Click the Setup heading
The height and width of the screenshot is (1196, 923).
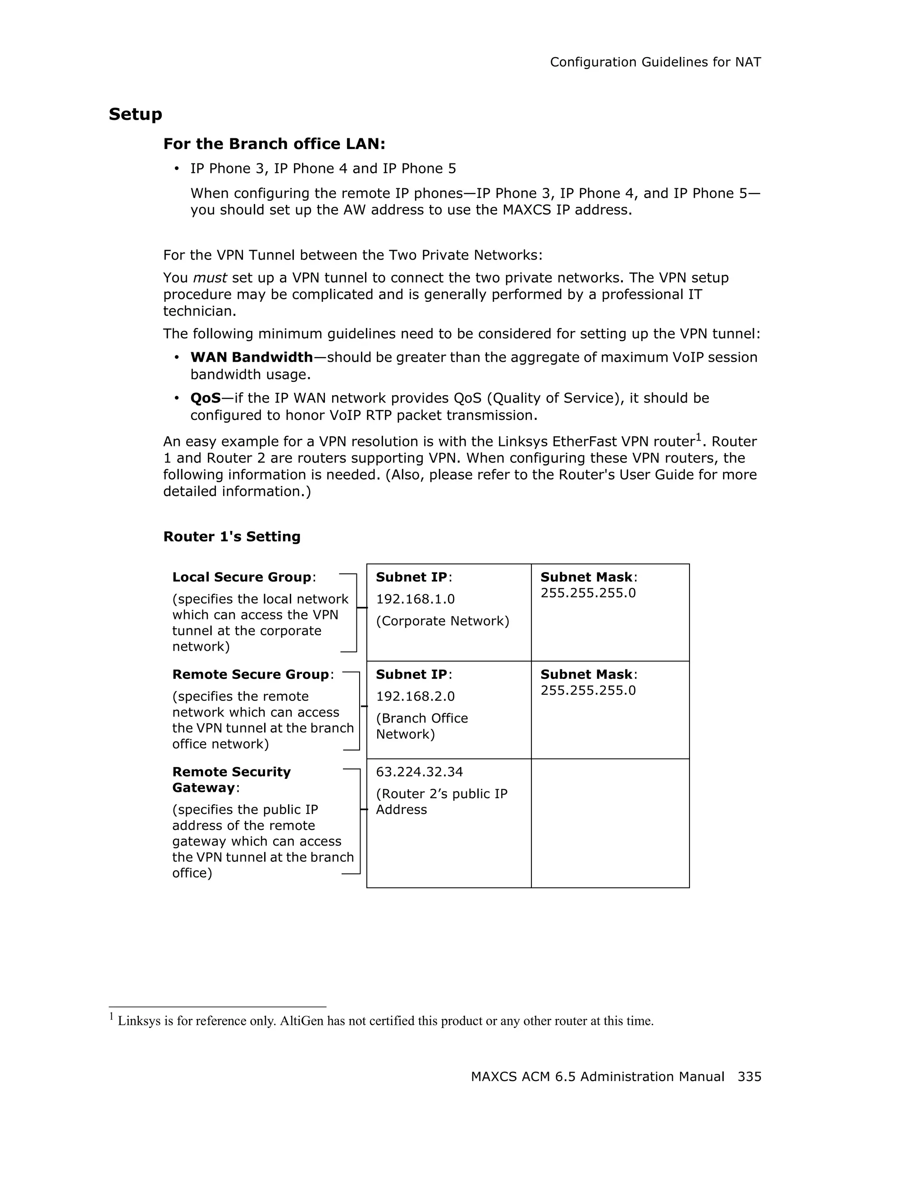(x=135, y=114)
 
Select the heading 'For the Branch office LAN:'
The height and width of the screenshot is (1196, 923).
(x=274, y=144)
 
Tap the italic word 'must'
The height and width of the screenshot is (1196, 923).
(x=210, y=278)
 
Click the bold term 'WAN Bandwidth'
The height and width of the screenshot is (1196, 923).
(x=251, y=358)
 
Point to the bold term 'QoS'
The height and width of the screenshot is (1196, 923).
(x=206, y=398)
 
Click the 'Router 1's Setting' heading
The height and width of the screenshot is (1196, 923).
(x=232, y=537)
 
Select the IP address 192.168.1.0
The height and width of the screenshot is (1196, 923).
(x=415, y=599)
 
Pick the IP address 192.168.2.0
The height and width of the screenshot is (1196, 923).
(x=415, y=696)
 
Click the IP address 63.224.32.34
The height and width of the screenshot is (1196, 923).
(x=419, y=772)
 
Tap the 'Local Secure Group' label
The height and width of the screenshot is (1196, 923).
(x=242, y=577)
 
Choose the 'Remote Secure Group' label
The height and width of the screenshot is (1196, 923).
(x=251, y=675)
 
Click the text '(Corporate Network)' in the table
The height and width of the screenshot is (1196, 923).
(x=443, y=621)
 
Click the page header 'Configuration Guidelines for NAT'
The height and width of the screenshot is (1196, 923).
(x=655, y=63)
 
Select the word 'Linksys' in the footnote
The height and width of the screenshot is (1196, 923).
(x=136, y=1021)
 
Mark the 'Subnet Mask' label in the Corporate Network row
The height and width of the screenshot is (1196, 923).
(x=586, y=577)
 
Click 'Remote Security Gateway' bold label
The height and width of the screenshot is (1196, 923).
(x=231, y=780)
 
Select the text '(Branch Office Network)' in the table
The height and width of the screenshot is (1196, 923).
(x=422, y=726)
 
